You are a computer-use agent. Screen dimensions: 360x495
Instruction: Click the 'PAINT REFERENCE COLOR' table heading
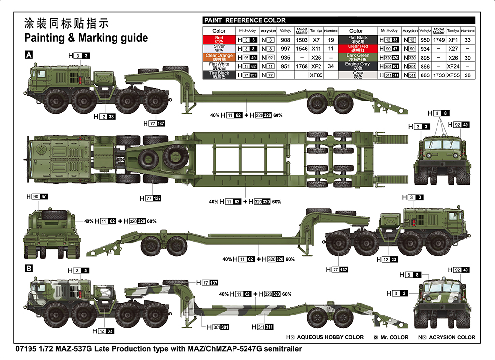[245, 20]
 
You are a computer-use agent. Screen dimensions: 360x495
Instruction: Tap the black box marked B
[29, 268]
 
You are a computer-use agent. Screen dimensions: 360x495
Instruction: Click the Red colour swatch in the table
[219, 40]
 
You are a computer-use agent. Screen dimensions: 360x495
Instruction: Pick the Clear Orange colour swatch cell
[219, 57]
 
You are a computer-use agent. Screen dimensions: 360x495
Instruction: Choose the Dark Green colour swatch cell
[356, 57]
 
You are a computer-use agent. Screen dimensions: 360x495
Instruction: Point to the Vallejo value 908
[285, 40]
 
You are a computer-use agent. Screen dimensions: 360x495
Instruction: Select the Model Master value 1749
[439, 40]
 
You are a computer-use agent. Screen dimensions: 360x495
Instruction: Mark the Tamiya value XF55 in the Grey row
[453, 75]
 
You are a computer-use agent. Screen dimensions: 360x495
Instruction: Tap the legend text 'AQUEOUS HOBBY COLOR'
[330, 337]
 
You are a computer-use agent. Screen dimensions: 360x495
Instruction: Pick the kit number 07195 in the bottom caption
[26, 348]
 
